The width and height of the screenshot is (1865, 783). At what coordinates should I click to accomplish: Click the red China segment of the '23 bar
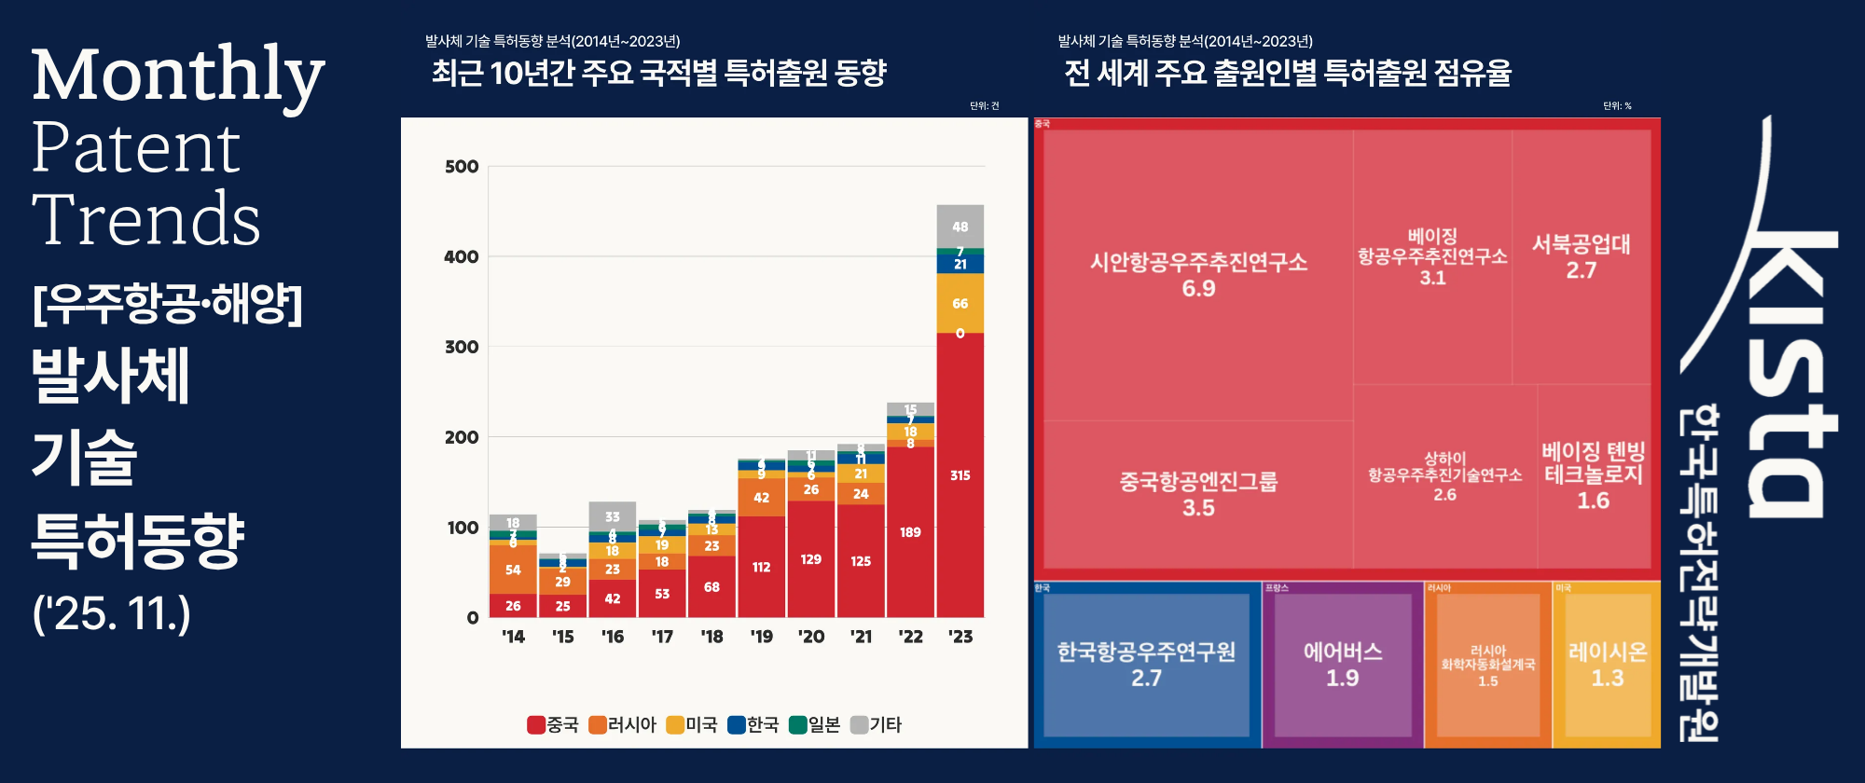960,474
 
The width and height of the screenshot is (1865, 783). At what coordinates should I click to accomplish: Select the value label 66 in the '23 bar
960,304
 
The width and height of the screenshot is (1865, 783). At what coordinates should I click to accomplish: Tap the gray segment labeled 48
960,227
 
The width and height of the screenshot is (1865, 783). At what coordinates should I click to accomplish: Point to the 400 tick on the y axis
461,256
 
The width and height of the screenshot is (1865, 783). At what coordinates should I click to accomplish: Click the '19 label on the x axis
761,637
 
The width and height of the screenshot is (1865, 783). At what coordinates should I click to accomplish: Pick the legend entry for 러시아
622,724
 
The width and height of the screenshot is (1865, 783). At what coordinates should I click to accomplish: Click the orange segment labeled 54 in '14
513,570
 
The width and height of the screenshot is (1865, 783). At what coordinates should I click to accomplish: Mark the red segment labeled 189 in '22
910,532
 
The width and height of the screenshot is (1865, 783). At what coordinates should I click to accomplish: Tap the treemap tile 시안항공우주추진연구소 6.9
1198,274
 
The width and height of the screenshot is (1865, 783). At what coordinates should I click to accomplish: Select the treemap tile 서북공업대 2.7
1581,256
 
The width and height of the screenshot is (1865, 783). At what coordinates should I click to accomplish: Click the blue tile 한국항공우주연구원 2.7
1146,664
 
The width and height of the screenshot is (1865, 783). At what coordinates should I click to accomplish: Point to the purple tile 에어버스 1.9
1342,664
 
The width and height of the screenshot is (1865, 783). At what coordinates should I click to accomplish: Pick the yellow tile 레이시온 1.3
1607,664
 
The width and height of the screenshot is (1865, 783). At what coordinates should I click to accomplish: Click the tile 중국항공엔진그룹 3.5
1198,494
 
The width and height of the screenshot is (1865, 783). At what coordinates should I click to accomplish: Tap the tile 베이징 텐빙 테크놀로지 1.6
1593,475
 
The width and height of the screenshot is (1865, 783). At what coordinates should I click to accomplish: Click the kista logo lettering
1786,373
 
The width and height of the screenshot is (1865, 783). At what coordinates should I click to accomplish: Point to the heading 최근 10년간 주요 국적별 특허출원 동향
658,73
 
